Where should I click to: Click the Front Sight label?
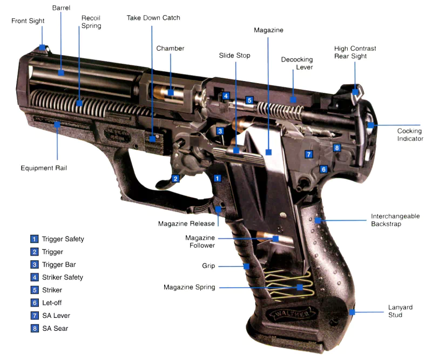(28, 21)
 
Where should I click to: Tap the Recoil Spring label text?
(91, 22)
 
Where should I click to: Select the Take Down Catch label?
(153, 18)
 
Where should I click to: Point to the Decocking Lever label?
(296, 63)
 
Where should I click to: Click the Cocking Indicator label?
(409, 135)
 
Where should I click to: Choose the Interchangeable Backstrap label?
(395, 220)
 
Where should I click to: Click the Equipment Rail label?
(44, 168)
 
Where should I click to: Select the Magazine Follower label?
(200, 241)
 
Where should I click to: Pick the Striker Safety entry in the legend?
(62, 277)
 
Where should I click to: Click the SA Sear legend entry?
(56, 328)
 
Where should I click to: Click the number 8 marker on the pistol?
(337, 148)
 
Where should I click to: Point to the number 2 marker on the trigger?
(175, 179)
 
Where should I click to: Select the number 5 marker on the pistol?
(249, 100)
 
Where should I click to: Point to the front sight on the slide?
(42, 47)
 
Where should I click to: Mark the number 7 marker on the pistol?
(309, 154)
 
